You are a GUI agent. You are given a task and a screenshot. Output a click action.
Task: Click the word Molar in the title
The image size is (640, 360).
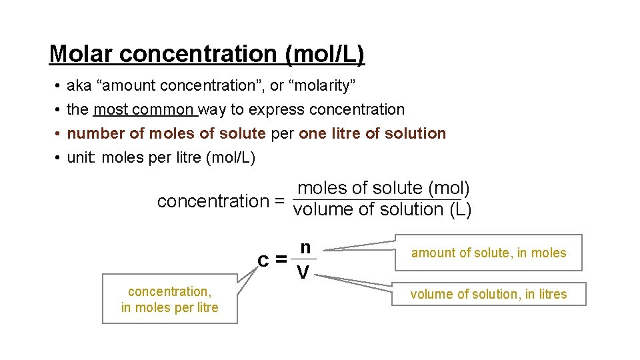click(x=82, y=54)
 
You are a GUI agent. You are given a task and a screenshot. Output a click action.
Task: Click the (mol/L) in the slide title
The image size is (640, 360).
click(x=325, y=54)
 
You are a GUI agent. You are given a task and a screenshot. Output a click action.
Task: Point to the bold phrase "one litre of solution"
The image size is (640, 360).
click(x=372, y=133)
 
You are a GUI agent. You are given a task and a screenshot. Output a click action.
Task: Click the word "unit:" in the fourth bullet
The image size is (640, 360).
click(x=83, y=157)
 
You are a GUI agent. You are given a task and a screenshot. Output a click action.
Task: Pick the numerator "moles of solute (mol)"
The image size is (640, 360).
click(x=383, y=189)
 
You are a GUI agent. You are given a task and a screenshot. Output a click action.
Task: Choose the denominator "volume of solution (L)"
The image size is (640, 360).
click(x=383, y=210)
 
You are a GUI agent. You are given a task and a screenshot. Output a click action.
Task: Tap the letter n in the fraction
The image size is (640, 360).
click(x=305, y=247)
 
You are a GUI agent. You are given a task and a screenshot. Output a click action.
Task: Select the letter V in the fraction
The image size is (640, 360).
click(x=303, y=273)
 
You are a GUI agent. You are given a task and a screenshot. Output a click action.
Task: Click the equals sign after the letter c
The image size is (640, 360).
click(x=281, y=259)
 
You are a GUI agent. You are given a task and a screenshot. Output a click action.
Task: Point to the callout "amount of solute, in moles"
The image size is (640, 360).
click(x=488, y=253)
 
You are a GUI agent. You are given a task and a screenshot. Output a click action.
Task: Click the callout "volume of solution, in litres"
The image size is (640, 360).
click(x=488, y=294)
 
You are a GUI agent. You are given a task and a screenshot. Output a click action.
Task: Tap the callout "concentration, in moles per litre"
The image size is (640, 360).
click(x=169, y=299)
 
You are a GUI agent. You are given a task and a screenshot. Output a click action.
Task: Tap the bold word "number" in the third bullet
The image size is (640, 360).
click(x=96, y=133)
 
